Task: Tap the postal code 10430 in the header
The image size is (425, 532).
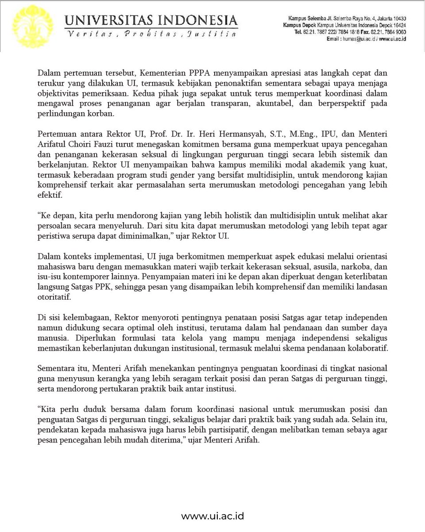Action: [x=397, y=18]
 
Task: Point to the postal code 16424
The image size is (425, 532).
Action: [x=397, y=25]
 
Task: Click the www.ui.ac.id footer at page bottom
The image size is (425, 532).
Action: [x=212, y=516]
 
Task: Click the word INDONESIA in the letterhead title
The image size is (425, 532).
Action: [x=200, y=20]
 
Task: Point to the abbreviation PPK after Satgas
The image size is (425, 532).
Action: [x=111, y=287]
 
